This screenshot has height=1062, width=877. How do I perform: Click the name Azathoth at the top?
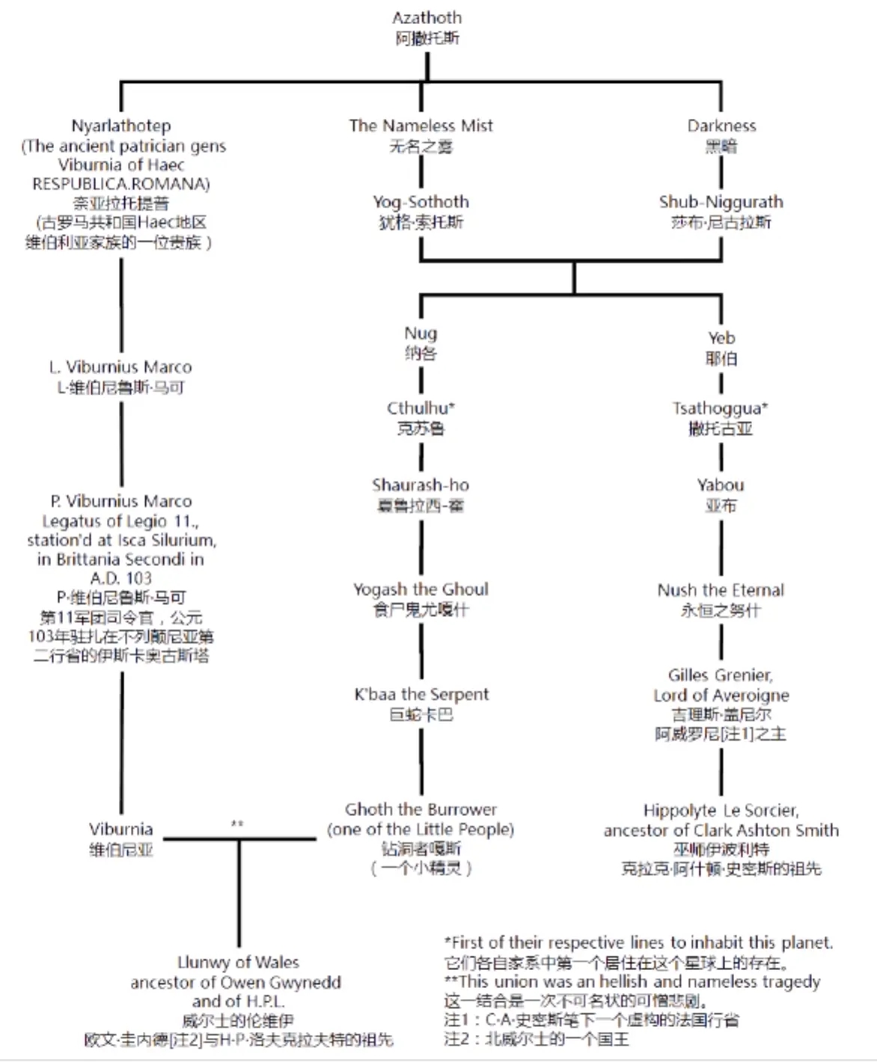pos(427,18)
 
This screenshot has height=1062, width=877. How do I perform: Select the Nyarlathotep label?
pos(121,126)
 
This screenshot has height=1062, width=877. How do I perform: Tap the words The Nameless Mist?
pos(421,126)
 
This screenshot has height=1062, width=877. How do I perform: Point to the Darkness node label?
pos(721,126)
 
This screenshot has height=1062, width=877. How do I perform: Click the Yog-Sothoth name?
pos(421,202)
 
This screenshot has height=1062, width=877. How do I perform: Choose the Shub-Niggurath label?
pos(721,202)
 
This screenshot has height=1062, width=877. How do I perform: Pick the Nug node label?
pos(421,334)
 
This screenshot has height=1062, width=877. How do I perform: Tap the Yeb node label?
pos(721,338)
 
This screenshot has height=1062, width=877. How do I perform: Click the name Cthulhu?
pos(420,408)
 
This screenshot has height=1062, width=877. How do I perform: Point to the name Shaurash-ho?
pos(421,485)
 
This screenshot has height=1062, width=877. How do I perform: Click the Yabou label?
pos(721,485)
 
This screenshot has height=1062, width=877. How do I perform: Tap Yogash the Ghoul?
pos(421,589)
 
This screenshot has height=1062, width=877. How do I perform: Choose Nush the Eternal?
pos(721,590)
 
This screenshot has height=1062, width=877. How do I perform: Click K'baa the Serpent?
pos(421,694)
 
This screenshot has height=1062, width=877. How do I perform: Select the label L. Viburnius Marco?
pos(120,367)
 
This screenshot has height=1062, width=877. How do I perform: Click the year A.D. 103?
pos(121,578)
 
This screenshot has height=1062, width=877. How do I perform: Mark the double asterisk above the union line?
pos(237,824)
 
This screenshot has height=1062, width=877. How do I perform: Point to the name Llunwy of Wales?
pos(238,962)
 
